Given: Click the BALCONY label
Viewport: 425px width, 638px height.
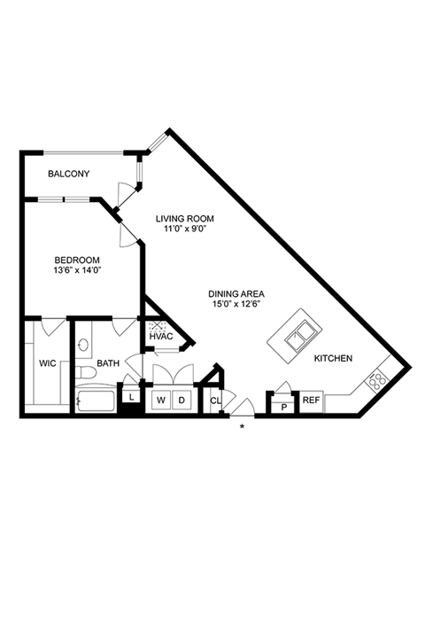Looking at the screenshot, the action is tap(69, 174).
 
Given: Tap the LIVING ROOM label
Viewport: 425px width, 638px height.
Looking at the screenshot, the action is tap(185, 219).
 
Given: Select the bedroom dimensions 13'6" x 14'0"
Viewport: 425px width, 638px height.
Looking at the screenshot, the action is tap(77, 269).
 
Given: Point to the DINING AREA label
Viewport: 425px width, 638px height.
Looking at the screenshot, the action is tap(236, 294).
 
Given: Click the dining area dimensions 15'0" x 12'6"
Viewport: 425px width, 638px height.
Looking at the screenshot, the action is tap(236, 304).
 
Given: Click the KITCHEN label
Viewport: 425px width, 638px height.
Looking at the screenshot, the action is tap(333, 359).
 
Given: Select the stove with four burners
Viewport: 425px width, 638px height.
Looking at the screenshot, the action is tap(377, 379).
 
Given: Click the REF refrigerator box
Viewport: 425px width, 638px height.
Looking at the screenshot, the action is tap(311, 401).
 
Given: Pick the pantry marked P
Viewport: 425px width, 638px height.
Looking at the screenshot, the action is tap(284, 406).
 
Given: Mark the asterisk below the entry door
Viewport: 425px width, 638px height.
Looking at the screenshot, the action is tap(242, 427).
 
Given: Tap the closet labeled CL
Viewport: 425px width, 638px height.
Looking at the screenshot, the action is tap(215, 401).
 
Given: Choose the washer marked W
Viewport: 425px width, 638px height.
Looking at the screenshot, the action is tap(161, 401).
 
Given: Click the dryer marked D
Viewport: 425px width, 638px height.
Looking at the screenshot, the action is tap(182, 401).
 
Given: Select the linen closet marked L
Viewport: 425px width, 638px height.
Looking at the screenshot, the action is tap(131, 398).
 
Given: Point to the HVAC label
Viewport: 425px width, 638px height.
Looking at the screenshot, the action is tap(161, 337).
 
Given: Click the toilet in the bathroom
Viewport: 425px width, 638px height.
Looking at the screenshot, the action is tap(85, 372).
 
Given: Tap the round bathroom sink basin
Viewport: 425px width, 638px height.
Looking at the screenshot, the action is tap(83, 345).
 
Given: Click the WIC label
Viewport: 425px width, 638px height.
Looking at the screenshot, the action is tap(48, 363).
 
